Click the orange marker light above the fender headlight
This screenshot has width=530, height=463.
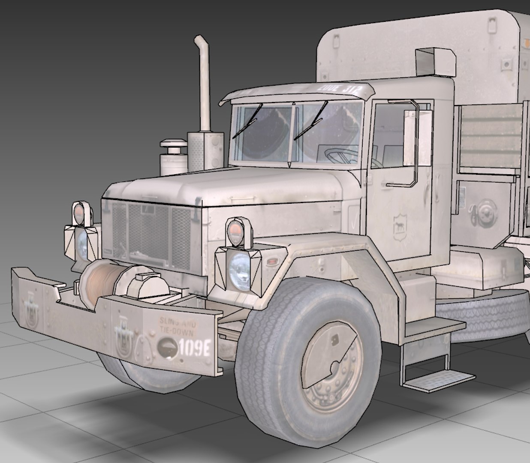[236, 231]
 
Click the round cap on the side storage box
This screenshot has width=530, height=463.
[485, 212]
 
